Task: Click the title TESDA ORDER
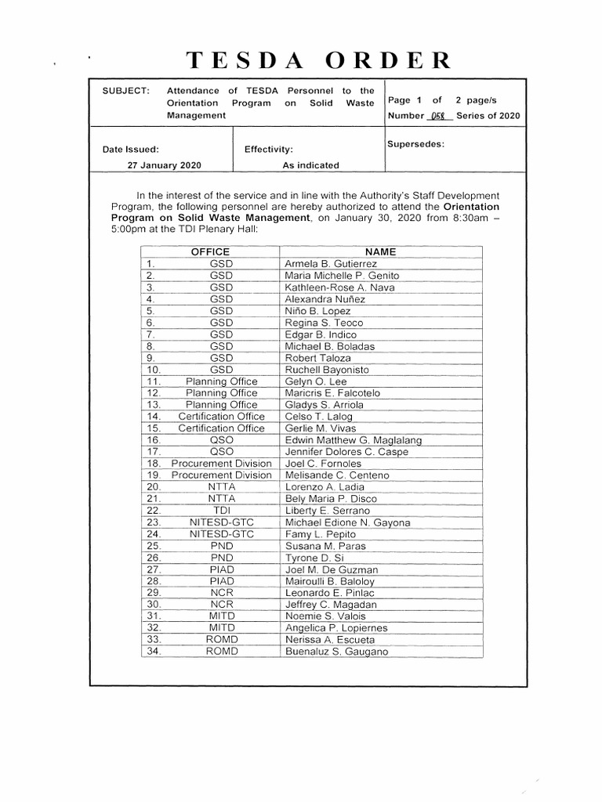pos(317,60)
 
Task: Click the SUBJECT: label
pos(125,91)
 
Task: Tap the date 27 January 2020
pos(165,165)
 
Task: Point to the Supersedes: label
pos(415,144)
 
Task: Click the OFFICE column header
pos(211,251)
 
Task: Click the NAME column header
pos(380,251)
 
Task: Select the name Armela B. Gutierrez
pos(331,264)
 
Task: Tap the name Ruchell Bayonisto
pos(327,370)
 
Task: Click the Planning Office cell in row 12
pos(221,393)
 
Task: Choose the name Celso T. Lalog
pos(319,417)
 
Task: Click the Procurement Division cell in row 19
pos(221,475)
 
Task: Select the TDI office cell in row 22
pos(221,511)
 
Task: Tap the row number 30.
pos(154,605)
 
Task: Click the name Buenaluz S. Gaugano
pos(336,652)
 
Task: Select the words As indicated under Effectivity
pos(310,165)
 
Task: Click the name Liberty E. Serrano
pos(327,511)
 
